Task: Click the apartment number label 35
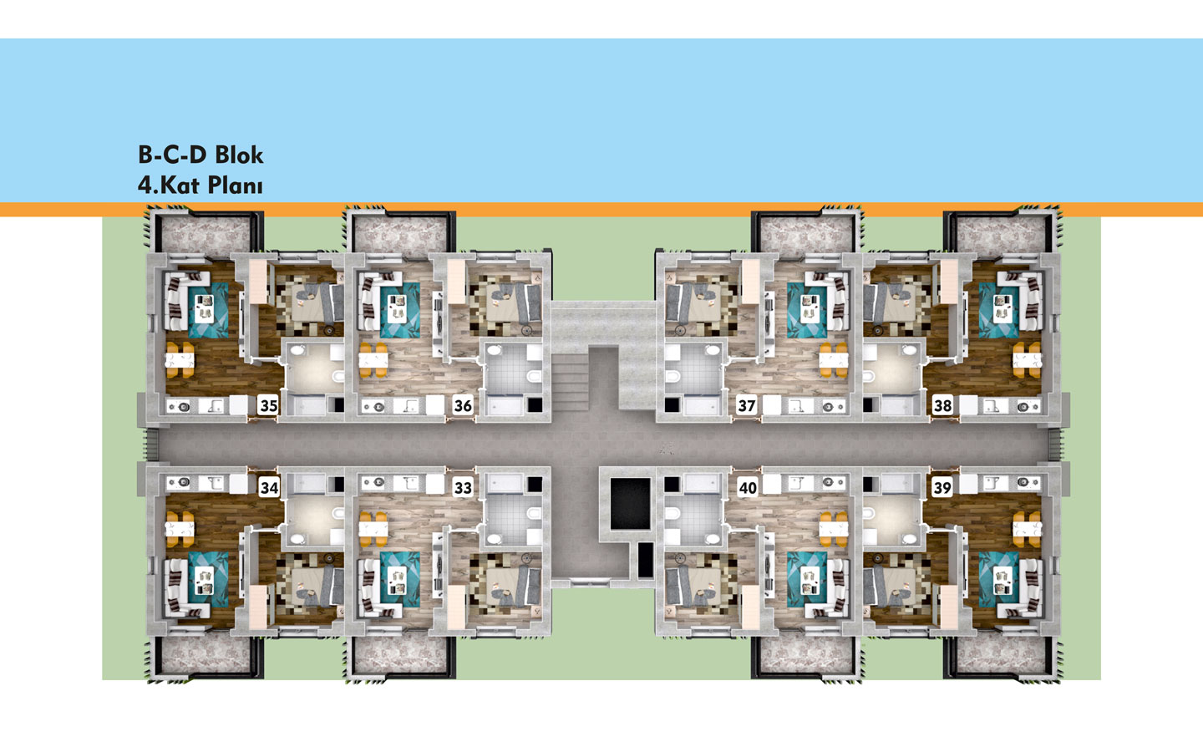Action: (x=268, y=406)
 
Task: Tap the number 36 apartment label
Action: (x=463, y=406)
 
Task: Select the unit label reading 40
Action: (x=748, y=488)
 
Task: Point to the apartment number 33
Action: (x=463, y=488)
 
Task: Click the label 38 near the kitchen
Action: (x=942, y=406)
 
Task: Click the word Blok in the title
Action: (x=239, y=155)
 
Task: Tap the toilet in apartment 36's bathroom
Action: (x=534, y=377)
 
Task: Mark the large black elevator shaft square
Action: (x=630, y=504)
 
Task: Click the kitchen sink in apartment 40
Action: (x=799, y=483)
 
